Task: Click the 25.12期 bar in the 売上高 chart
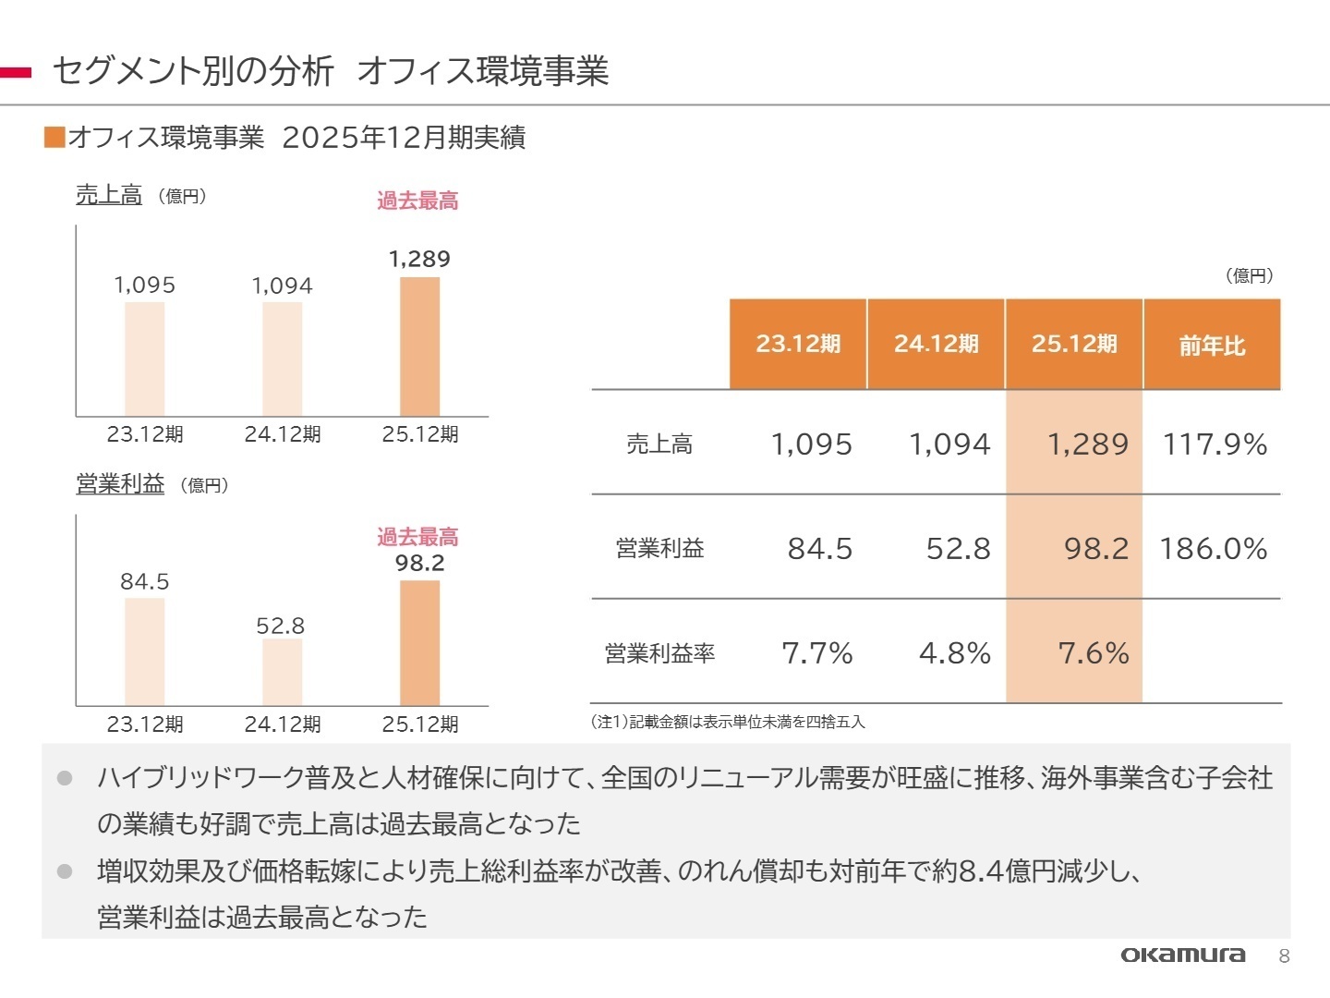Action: pos(419,347)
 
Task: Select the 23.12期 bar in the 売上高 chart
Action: pos(145,359)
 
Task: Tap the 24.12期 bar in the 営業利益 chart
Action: pos(282,672)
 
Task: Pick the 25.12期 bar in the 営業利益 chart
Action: pos(419,642)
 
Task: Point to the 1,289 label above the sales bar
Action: pos(419,260)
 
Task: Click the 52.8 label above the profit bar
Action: pos(281,627)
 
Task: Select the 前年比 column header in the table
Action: pos(1212,345)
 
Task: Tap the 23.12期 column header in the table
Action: pos(798,345)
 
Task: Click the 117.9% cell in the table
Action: pos(1215,444)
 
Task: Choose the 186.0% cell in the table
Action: pos(1214,549)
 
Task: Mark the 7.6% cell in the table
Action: pos(1094,653)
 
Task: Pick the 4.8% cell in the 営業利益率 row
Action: pos(954,653)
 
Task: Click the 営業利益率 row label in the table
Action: pos(659,654)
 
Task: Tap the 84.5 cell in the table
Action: pos(819,549)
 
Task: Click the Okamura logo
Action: pos(1182,955)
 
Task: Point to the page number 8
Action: pos(1284,956)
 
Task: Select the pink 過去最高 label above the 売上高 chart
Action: pos(417,201)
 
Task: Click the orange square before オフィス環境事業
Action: pos(54,138)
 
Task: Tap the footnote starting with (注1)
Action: pos(728,722)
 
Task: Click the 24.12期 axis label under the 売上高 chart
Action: pos(282,434)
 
